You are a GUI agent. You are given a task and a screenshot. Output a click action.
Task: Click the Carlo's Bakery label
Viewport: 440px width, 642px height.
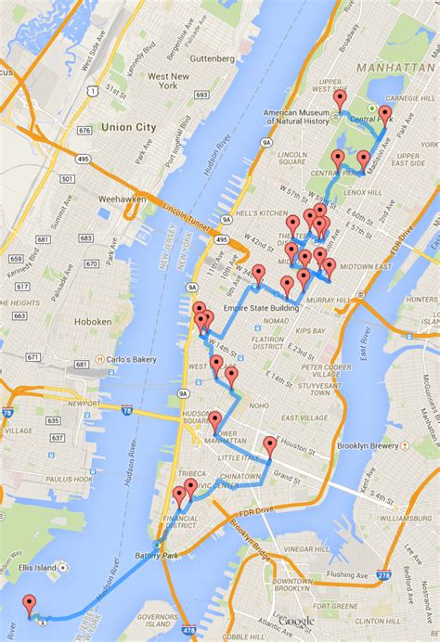pyautogui.click(x=132, y=361)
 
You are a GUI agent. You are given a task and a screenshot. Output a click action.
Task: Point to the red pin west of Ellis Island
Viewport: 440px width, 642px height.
pyautogui.click(x=29, y=604)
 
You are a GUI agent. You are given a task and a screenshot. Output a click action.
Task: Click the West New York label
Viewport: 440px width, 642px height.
pyautogui.click(x=168, y=82)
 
